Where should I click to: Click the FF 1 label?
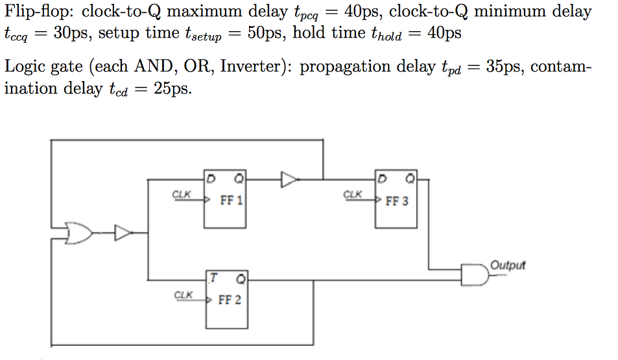tap(231, 200)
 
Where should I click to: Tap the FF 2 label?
tap(230, 300)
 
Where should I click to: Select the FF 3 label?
tap(397, 201)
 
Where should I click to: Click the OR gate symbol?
tap(78, 232)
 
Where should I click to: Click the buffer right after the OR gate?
tap(123, 232)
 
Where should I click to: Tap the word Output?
tap(508, 265)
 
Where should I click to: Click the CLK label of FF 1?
tap(182, 194)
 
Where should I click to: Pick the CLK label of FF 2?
tap(184, 295)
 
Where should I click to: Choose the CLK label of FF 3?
tap(352, 194)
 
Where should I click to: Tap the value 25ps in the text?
tap(173, 89)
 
